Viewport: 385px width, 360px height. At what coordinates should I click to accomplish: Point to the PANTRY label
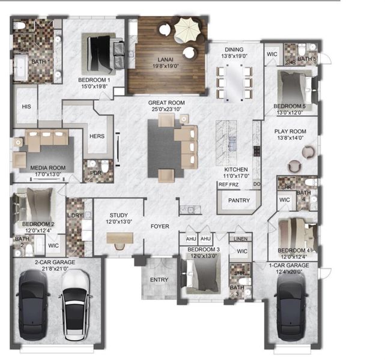[239, 201]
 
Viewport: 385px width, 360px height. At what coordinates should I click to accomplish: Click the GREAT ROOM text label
[166, 103]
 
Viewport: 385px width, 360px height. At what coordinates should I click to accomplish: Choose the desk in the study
[120, 238]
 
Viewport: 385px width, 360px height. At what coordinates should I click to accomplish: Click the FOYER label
[160, 227]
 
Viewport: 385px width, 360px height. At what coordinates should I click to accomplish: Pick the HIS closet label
[26, 106]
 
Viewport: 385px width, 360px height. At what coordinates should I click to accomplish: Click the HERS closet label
[97, 136]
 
